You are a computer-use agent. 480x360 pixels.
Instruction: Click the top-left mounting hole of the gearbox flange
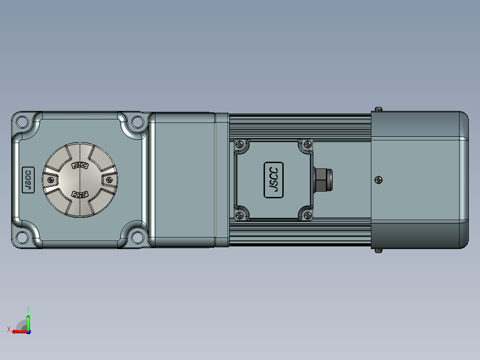coord(22,122)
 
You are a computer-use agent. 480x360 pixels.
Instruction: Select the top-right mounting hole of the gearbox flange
coord(138,122)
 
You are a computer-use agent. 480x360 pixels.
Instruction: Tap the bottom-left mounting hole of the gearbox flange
coord(22,237)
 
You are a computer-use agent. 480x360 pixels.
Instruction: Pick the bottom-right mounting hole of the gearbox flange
coord(138,237)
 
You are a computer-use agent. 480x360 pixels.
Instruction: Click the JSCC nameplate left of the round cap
coord(28,180)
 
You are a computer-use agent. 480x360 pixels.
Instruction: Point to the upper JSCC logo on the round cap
coord(80,165)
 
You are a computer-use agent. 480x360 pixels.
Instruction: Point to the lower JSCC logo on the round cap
coord(80,195)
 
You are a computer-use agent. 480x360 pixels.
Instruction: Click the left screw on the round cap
coord(51,180)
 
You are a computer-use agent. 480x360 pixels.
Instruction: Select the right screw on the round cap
coord(109,180)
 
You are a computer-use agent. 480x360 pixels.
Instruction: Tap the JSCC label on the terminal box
coord(273,180)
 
